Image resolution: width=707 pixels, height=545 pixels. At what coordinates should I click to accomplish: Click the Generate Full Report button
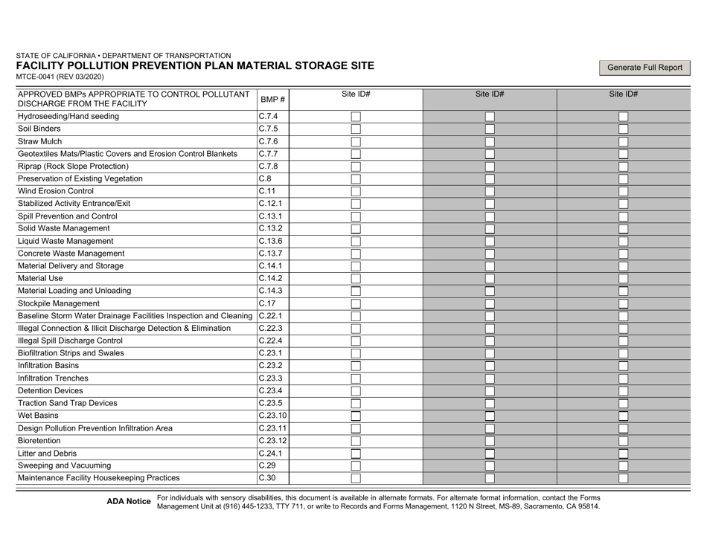pyautogui.click(x=644, y=68)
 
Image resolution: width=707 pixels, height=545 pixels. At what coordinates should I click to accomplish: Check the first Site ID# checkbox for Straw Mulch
pyautogui.click(x=356, y=141)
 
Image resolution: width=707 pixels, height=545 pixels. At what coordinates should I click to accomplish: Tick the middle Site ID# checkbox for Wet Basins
pyautogui.click(x=490, y=416)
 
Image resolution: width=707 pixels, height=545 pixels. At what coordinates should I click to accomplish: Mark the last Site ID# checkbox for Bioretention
pyautogui.click(x=624, y=441)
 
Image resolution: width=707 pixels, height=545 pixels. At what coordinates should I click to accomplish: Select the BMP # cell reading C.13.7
pyautogui.click(x=270, y=254)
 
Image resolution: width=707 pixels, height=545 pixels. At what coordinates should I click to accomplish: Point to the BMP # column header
pyautogui.click(x=272, y=100)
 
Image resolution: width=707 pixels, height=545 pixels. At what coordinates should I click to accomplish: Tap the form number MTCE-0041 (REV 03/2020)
pyautogui.click(x=60, y=77)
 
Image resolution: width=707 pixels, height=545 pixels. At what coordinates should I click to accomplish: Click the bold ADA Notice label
pyautogui.click(x=129, y=502)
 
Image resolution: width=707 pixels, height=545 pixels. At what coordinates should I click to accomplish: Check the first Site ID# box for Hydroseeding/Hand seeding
pyautogui.click(x=356, y=117)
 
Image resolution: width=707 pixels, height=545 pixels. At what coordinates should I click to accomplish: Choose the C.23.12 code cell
pyautogui.click(x=273, y=441)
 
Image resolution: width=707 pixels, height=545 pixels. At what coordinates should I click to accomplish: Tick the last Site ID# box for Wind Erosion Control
pyautogui.click(x=624, y=191)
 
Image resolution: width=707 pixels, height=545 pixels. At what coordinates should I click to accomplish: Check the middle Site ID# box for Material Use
pyautogui.click(x=490, y=278)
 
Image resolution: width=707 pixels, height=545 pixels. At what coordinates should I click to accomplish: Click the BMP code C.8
pyautogui.click(x=265, y=178)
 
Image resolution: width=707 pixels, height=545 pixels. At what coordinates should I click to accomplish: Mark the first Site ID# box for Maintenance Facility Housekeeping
pyautogui.click(x=356, y=478)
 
